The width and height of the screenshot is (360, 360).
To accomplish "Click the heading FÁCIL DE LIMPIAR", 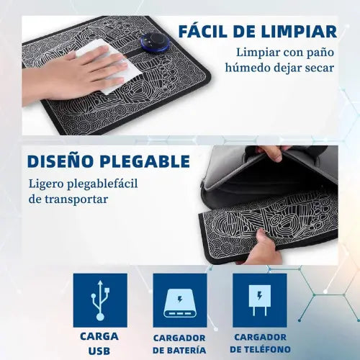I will coord(257,31).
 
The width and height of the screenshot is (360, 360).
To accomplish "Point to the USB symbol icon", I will coord(99,300).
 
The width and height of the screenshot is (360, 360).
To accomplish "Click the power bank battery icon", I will coord(179,300).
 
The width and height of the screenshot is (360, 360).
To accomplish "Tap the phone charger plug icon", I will coord(259,300).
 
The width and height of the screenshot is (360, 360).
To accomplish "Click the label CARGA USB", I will coord(99,343).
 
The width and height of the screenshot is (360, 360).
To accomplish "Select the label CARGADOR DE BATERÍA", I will coord(179,344).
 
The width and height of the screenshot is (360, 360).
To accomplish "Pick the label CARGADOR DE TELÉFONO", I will coord(259,344).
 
